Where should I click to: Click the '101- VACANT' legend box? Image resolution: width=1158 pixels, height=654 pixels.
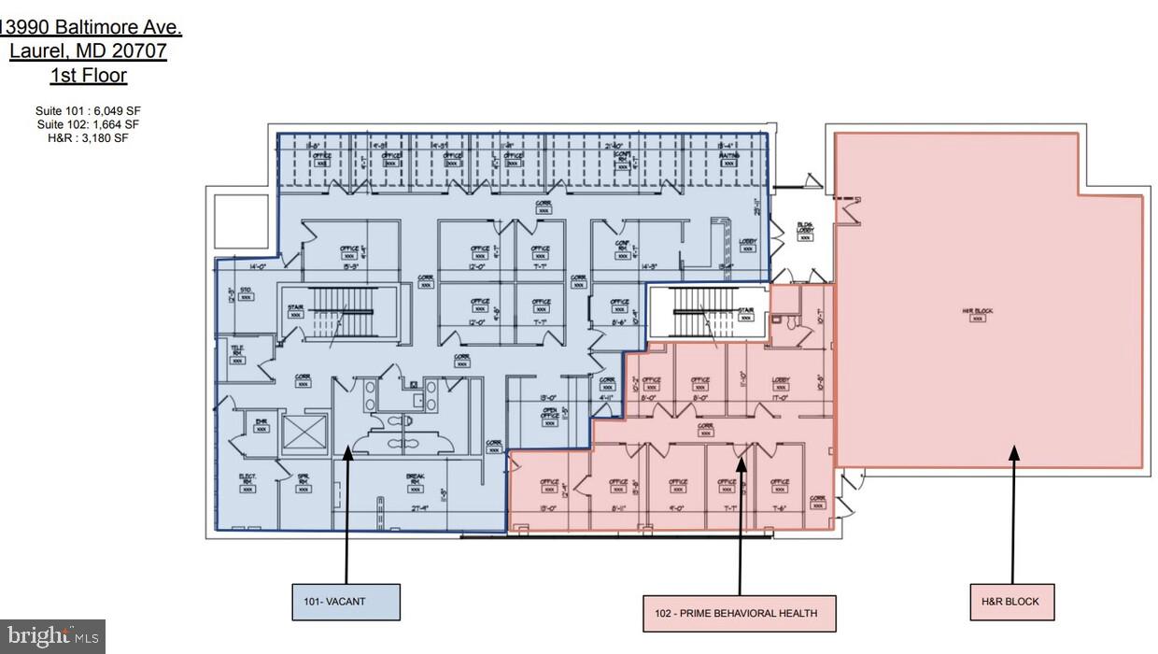(x=345, y=602)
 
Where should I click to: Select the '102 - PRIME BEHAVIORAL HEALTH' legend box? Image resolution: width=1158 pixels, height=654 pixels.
(x=739, y=613)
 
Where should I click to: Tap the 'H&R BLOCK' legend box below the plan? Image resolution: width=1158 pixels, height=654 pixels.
(x=1010, y=601)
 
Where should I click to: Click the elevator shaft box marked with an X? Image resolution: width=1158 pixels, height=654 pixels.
(x=303, y=432)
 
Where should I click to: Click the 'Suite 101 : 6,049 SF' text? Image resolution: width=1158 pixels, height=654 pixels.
(x=89, y=111)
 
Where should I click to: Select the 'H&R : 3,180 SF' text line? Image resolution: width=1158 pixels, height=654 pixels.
(x=89, y=137)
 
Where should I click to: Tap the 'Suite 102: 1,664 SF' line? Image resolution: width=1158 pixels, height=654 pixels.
(x=89, y=124)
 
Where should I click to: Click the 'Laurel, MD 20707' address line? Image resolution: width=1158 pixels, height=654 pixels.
(x=89, y=51)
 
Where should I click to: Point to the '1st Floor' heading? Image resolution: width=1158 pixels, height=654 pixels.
(x=89, y=76)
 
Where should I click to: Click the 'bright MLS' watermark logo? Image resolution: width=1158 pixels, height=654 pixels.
(x=52, y=637)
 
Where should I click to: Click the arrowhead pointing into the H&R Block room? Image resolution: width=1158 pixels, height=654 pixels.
(x=1013, y=453)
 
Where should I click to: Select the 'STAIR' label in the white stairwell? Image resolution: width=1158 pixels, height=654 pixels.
(x=746, y=312)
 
